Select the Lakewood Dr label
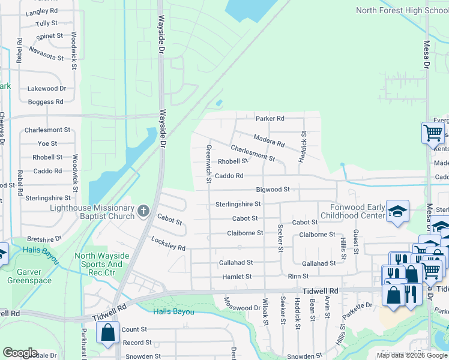point(47,88)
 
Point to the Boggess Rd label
point(46,102)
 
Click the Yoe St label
point(47,143)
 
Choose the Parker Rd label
point(270,118)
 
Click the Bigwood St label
point(273,190)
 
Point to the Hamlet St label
point(237,277)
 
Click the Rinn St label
point(298,277)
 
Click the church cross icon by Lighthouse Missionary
point(143,211)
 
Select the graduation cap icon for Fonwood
point(397,212)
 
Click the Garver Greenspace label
point(29,275)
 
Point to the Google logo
point(20,353)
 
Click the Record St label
point(137,343)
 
